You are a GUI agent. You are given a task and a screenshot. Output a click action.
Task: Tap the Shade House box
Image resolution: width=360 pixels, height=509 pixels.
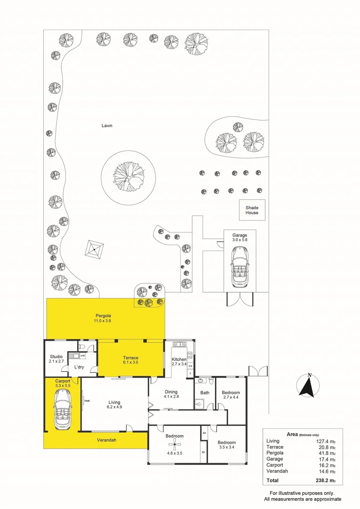point(252,210)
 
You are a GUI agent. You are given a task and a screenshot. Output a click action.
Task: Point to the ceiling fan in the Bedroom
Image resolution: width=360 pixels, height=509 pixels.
point(174,444)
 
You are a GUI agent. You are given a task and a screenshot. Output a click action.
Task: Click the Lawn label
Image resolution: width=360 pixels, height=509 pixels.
point(107,126)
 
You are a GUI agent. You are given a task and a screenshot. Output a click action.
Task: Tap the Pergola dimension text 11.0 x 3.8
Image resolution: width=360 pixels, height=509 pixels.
point(102,321)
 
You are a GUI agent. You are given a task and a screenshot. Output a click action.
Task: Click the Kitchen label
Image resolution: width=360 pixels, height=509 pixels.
point(179,360)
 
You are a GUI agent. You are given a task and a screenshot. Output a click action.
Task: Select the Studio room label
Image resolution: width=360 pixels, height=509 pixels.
point(57,357)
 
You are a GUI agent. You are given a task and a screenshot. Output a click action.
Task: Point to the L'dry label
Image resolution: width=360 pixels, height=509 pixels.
point(79,367)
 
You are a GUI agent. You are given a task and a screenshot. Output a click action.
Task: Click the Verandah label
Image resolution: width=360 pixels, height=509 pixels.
point(106,440)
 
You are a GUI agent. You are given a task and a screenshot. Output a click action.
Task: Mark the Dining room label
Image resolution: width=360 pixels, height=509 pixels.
point(171,392)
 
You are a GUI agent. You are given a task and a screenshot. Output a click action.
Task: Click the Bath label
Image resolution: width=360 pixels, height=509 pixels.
point(205,393)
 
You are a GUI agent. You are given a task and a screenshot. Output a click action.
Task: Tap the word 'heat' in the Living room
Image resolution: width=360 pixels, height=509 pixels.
point(87,401)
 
